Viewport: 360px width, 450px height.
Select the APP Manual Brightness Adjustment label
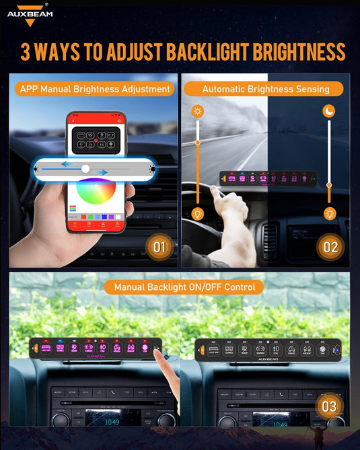click(x=95, y=89)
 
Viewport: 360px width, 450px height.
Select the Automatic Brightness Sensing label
click(x=265, y=89)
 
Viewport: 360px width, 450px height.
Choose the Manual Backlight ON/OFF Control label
click(x=184, y=287)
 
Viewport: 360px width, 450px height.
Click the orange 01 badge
click(x=159, y=247)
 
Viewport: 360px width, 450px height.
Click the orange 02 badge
click(x=330, y=247)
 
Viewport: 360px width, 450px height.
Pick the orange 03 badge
click(x=329, y=406)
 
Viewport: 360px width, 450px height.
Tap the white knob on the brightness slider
click(x=85, y=169)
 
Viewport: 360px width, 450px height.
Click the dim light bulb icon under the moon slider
click(x=329, y=214)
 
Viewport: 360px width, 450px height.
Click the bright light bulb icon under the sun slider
click(x=197, y=214)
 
